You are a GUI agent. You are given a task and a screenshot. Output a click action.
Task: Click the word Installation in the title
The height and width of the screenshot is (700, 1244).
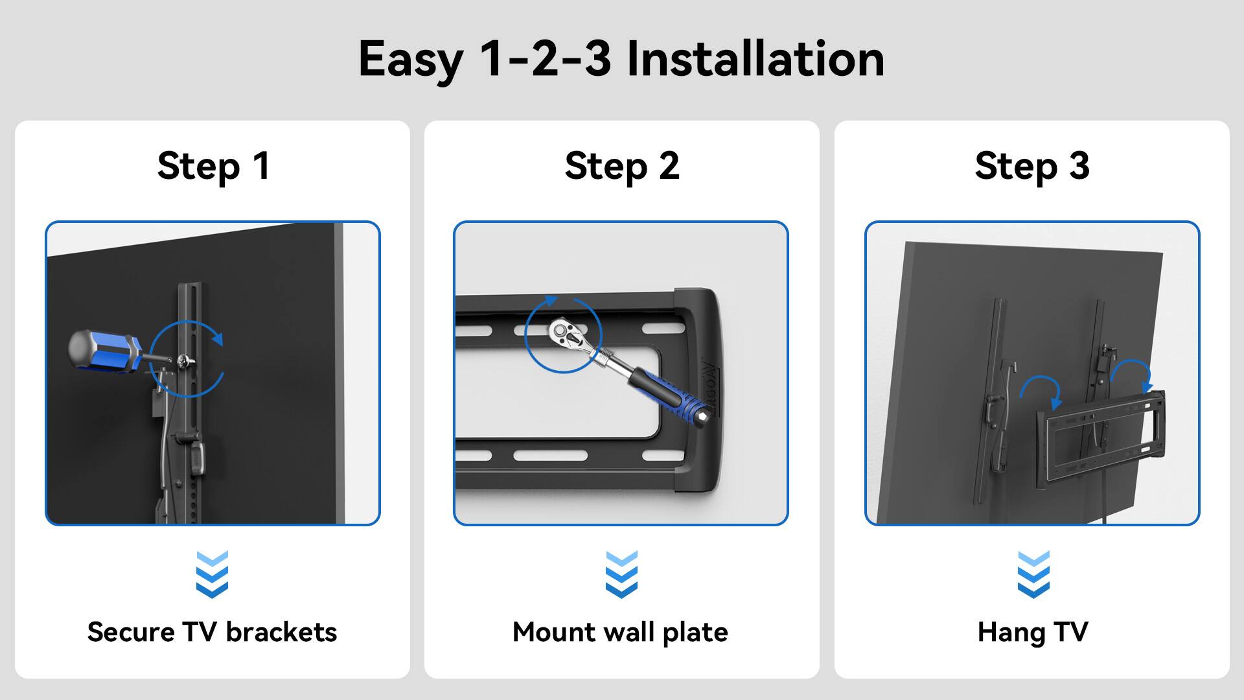point(755,60)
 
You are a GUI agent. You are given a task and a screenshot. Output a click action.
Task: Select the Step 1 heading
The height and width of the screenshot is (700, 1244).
point(213,166)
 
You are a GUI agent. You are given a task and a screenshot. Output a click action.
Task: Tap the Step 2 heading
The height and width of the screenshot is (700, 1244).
point(622,166)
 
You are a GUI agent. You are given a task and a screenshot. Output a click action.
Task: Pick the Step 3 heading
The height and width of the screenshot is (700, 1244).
point(1032,166)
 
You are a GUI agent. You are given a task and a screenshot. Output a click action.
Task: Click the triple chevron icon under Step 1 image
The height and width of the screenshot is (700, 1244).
point(212,574)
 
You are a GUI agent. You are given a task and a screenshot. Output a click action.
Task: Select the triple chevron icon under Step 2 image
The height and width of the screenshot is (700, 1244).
point(621,574)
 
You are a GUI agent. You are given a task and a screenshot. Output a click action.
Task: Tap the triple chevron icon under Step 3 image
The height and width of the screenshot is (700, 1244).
point(1033,574)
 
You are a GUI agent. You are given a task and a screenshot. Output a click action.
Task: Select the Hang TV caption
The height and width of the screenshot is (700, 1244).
point(1033,632)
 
